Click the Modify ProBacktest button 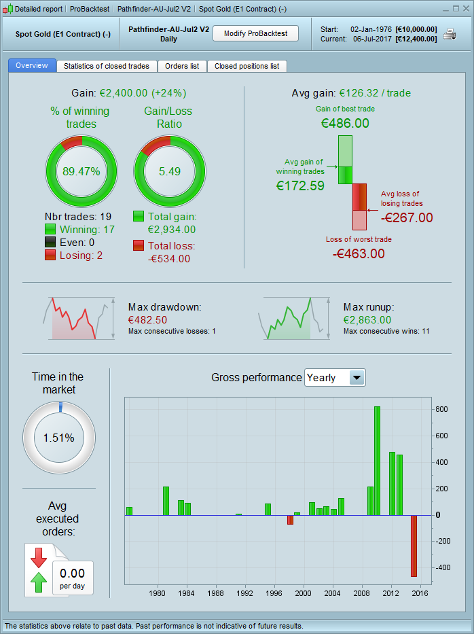[x=255, y=33]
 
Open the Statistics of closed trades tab [x=107, y=66]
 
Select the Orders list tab [x=182, y=66]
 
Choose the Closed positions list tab [x=247, y=66]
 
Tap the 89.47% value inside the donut [x=81, y=171]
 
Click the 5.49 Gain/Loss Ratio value [x=169, y=171]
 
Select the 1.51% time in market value [x=58, y=438]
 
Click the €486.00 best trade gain [x=345, y=123]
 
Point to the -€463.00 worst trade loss [x=359, y=253]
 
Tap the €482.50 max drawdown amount [x=147, y=319]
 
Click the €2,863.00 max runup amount [x=367, y=319]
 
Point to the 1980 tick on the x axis [x=158, y=592]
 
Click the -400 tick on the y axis [x=442, y=567]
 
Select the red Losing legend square [x=50, y=255]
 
